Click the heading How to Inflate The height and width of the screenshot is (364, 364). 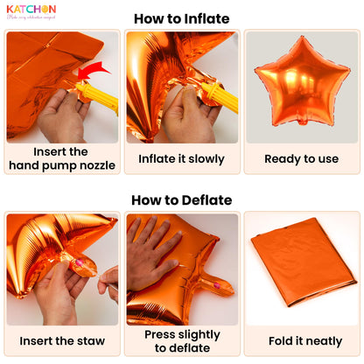coord(181,18)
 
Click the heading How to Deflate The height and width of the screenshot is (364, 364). coord(181,200)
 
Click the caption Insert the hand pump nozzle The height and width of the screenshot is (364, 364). coord(61,158)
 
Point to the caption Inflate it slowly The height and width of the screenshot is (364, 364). coord(181,159)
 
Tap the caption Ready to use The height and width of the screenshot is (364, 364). coord(301,159)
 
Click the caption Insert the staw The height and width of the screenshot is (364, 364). coord(61,340)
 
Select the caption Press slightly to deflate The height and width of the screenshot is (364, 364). coord(181,341)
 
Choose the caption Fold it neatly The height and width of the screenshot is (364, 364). coord(301,340)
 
